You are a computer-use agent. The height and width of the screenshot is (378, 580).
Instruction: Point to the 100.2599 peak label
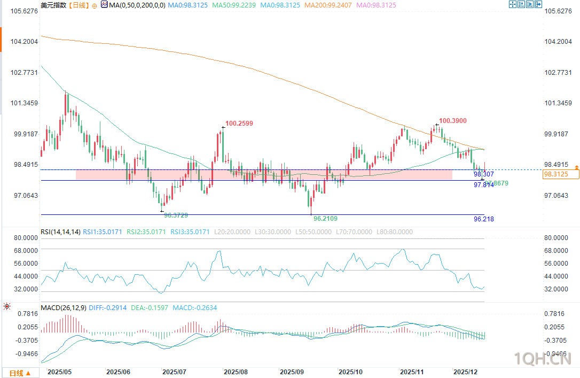[x=239, y=124]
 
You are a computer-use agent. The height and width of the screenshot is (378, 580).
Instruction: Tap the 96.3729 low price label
[x=176, y=215]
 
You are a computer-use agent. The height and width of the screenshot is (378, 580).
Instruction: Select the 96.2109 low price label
[x=325, y=219]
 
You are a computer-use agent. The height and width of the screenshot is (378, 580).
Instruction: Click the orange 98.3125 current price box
[x=561, y=174]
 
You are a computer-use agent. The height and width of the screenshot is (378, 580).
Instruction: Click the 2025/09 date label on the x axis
[x=293, y=372]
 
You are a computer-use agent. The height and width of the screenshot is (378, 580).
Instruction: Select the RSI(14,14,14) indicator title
[x=60, y=232]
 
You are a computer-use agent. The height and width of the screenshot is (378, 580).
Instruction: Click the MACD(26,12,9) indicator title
[x=63, y=308]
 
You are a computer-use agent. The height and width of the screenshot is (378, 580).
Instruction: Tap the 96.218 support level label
[x=483, y=219]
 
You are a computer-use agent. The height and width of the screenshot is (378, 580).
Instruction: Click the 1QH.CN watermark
[x=542, y=357]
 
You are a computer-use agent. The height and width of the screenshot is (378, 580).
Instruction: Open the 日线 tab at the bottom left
[x=20, y=373]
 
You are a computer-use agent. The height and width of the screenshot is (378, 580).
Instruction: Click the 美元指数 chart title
[x=53, y=5]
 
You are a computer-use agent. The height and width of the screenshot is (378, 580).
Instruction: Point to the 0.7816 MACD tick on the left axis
[x=25, y=313]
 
